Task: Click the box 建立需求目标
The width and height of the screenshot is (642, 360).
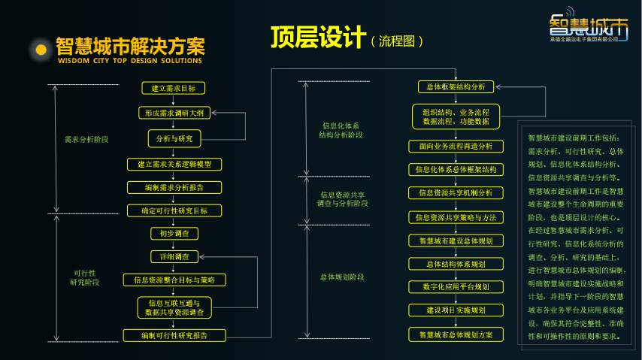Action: coord(174,88)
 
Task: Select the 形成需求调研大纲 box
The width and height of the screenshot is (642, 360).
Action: coord(174,113)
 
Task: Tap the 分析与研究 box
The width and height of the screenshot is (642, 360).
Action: coord(174,138)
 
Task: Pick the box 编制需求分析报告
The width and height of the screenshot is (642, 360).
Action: coord(174,187)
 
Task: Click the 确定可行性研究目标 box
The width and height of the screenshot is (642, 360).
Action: coord(174,210)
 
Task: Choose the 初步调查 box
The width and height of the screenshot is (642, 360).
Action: coord(174,234)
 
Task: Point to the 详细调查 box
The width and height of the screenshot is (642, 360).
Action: coord(174,257)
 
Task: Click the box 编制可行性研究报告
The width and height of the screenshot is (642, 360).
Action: coord(174,335)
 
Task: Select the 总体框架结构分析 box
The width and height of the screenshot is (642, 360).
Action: coord(456,86)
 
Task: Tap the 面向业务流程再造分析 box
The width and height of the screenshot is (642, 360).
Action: coord(456,146)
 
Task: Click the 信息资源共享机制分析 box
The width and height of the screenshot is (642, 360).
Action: coord(456,193)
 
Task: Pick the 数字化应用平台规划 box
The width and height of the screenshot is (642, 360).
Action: coord(456,286)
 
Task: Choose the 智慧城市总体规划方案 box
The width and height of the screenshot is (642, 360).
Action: coord(456,334)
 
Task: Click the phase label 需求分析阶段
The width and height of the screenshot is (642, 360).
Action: coord(86,140)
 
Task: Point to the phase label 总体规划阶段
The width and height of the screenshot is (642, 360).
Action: coord(341,277)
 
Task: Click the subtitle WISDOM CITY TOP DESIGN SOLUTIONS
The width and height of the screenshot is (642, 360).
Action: coord(130,61)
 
